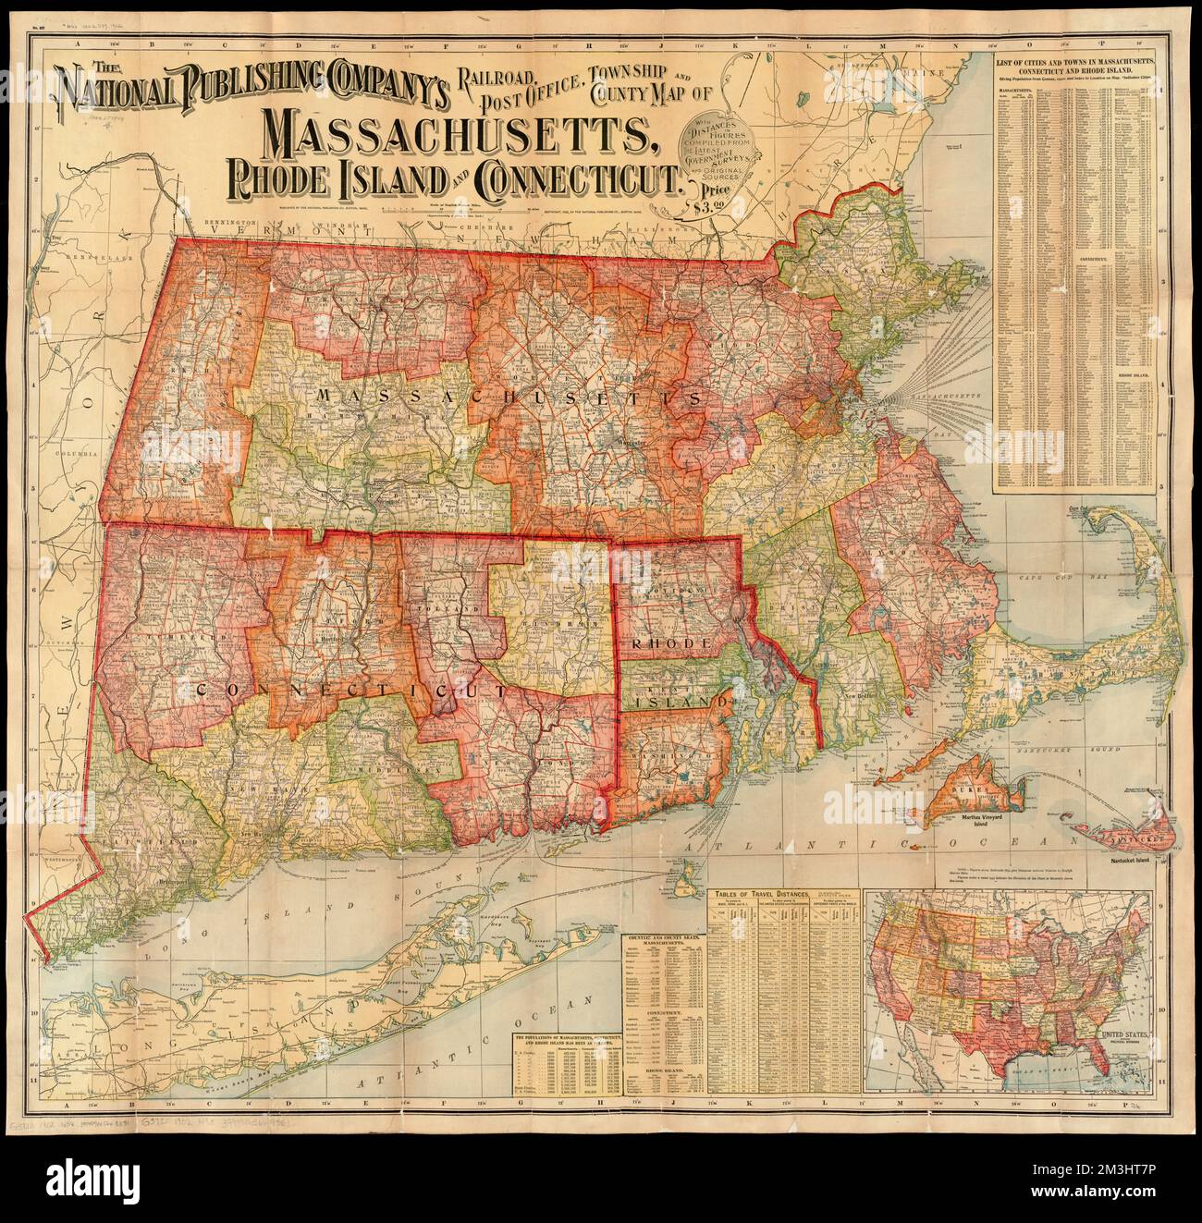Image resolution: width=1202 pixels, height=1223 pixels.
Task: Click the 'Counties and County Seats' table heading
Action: click(x=665, y=940)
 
